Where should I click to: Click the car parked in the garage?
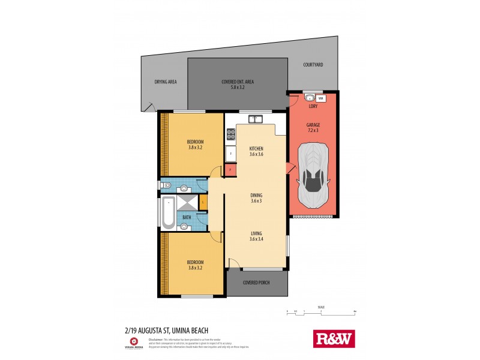[x=313, y=169]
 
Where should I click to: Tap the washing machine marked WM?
[x=321, y=98]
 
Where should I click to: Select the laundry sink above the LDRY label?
[x=310, y=98]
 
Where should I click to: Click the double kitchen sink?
[x=256, y=119]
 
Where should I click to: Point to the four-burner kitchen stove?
[x=230, y=135]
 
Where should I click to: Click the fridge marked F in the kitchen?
[x=230, y=154]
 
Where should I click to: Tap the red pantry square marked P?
[x=230, y=170]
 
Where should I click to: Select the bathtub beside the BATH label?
[x=169, y=212]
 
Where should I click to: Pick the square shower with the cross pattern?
[x=185, y=203]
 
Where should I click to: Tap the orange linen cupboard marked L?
[x=203, y=203]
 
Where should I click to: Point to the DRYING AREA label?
[x=165, y=82]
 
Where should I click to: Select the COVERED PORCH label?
[x=256, y=282]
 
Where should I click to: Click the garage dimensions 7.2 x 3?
[x=313, y=130]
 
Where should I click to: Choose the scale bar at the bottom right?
[x=322, y=311]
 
